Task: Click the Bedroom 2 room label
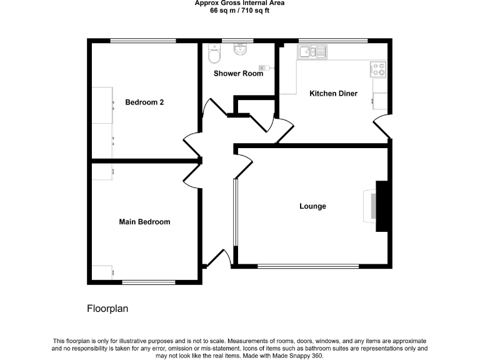pyautogui.click(x=144, y=102)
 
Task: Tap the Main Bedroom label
pyautogui.click(x=144, y=222)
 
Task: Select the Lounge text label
pyautogui.click(x=312, y=206)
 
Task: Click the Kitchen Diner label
pyautogui.click(x=334, y=94)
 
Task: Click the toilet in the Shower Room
pyautogui.click(x=214, y=56)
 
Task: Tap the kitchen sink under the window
pyautogui.click(x=312, y=52)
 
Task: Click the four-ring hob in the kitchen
pyautogui.click(x=379, y=67)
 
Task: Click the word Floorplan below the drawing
pyautogui.click(x=107, y=309)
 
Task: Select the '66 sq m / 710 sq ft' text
pyautogui.click(x=240, y=11)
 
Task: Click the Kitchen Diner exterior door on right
pyautogui.click(x=382, y=127)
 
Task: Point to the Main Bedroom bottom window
pyautogui.click(x=148, y=282)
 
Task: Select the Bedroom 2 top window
pyautogui.click(x=143, y=41)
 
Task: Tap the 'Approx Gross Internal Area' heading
pyautogui.click(x=240, y=3)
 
